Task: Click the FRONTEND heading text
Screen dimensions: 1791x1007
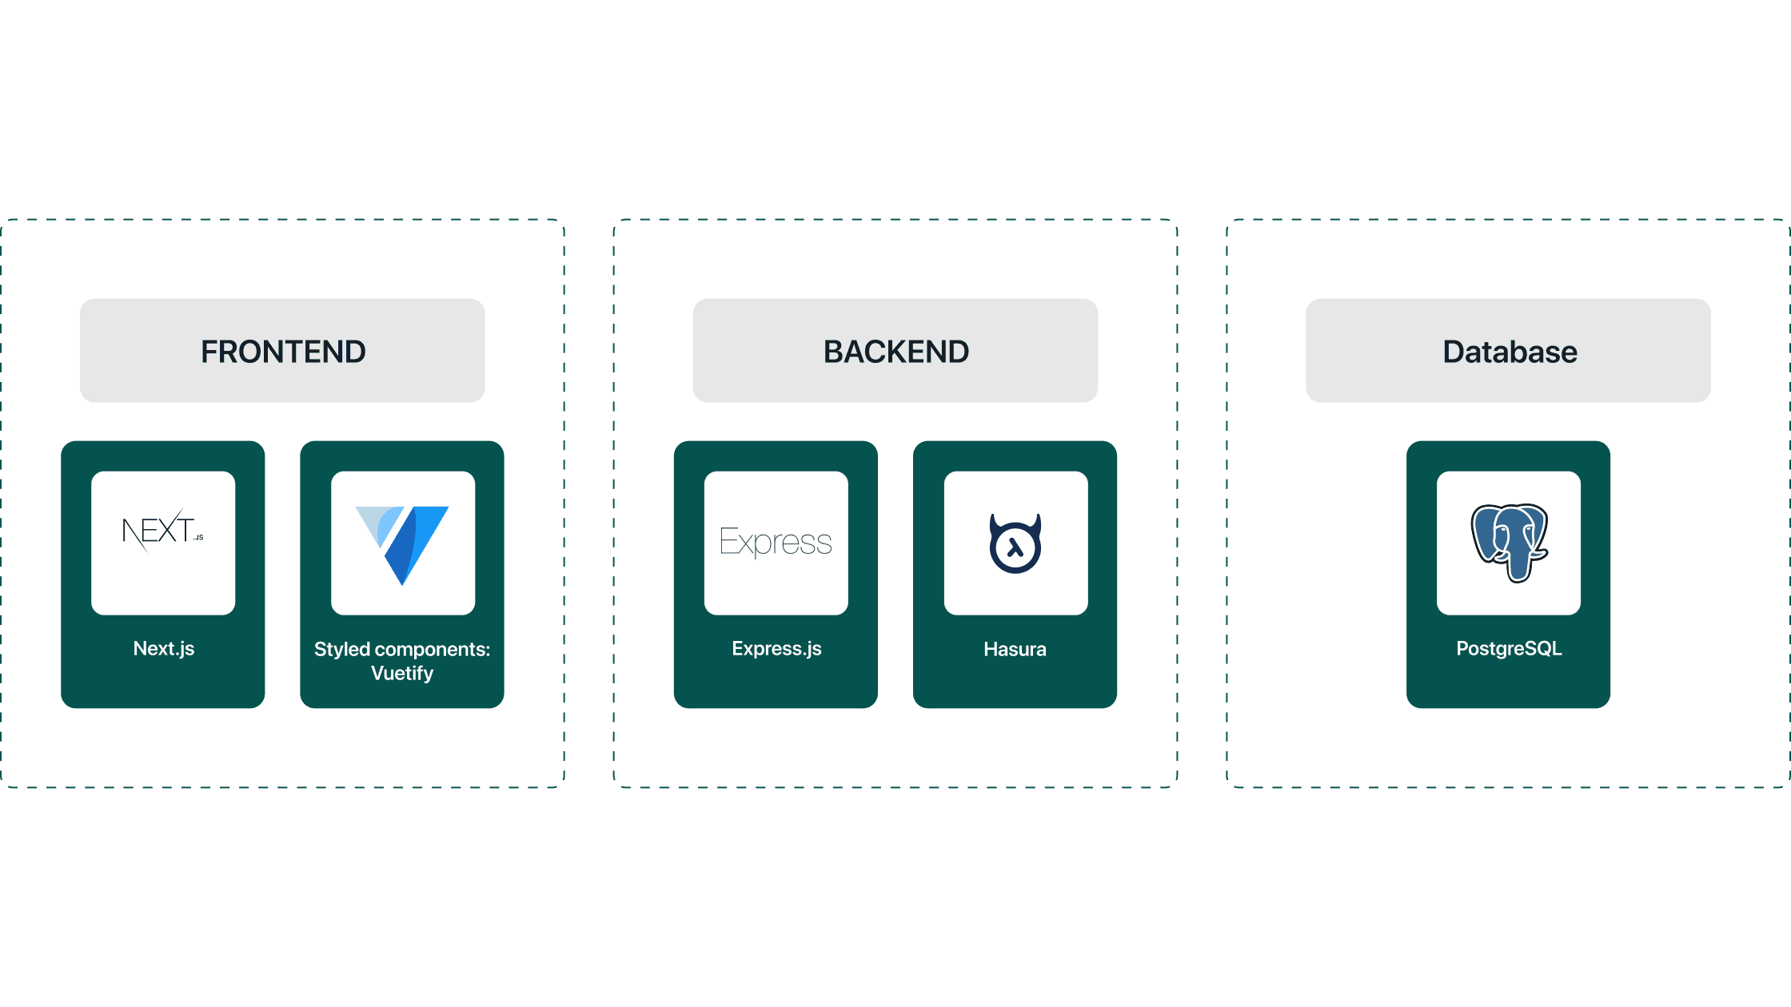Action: pos(283,352)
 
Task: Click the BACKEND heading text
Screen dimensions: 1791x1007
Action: pos(896,352)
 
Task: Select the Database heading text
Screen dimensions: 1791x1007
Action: pos(1510,352)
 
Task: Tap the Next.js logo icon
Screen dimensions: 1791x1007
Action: pos(163,530)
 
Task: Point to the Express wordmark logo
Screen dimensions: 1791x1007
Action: pos(776,543)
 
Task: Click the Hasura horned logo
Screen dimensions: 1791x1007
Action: pos(1015,543)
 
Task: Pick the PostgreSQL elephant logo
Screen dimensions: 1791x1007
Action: pos(1509,543)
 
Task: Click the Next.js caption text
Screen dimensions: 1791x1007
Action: pos(164,648)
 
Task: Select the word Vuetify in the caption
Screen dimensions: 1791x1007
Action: pos(402,673)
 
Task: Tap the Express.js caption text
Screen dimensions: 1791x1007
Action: pos(776,648)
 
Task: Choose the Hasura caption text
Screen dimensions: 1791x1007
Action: pos(1015,649)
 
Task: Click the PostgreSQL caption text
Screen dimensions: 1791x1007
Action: pos(1509,648)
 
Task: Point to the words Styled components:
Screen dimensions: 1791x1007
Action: pos(402,649)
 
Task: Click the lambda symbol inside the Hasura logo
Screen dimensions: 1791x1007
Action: pos(1015,547)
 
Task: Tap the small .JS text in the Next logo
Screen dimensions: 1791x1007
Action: pos(198,537)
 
